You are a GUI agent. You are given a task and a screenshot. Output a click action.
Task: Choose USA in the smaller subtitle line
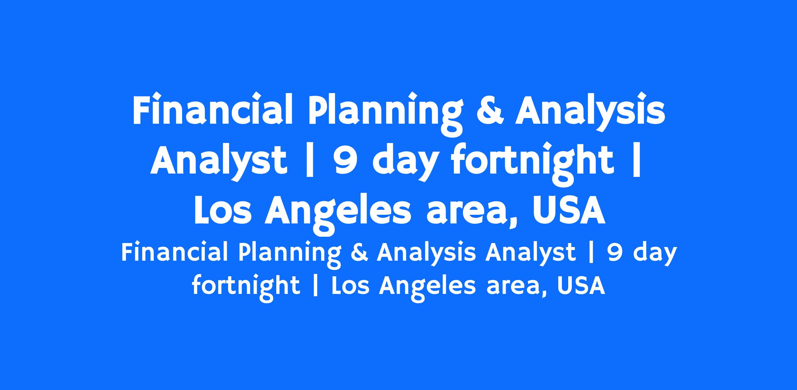click(x=581, y=285)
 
